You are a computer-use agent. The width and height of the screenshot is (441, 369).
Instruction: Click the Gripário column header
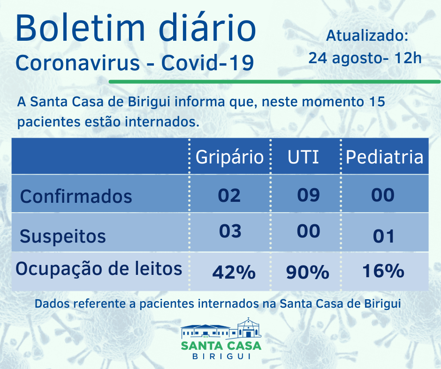click(229, 157)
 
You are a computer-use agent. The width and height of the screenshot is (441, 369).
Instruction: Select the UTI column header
click(303, 157)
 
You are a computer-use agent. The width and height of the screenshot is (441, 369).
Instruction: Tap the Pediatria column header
click(384, 157)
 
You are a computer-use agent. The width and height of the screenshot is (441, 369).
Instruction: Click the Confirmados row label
click(76, 196)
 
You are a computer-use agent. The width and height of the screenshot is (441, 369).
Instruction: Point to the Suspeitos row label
click(63, 236)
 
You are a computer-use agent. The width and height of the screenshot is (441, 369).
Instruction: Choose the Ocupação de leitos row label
click(99, 269)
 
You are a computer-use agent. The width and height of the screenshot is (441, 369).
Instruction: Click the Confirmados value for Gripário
click(229, 195)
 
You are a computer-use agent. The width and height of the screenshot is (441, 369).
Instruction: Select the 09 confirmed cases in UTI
click(308, 194)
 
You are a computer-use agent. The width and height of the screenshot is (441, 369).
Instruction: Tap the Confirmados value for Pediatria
click(383, 195)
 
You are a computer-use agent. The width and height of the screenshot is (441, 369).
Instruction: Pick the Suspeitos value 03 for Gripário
click(230, 231)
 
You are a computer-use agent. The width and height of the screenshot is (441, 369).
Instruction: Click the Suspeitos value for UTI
click(308, 231)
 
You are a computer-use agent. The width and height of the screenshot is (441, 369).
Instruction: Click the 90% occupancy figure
click(308, 272)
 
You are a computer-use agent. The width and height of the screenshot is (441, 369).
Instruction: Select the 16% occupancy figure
click(383, 271)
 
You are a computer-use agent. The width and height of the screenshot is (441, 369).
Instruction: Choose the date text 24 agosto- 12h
click(365, 58)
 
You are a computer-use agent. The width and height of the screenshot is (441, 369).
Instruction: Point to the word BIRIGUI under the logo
click(221, 356)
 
